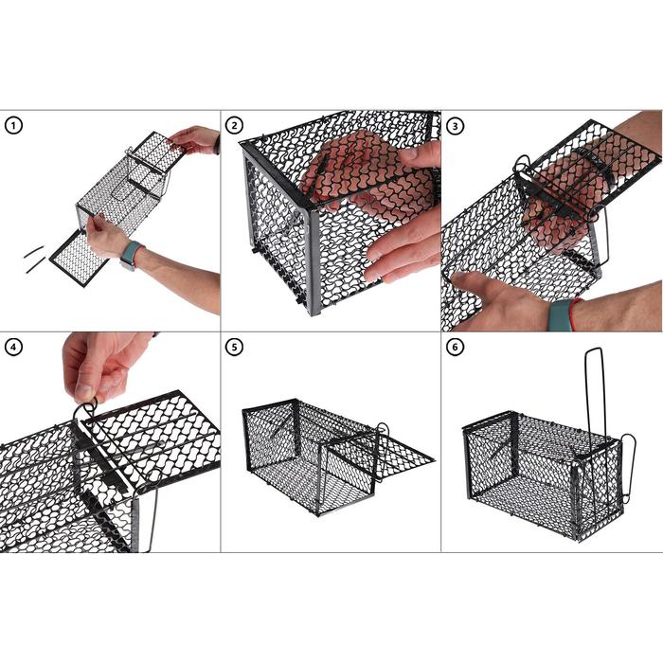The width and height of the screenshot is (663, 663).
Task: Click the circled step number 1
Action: tap(12, 125)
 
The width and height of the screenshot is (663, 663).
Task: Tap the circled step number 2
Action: tap(234, 125)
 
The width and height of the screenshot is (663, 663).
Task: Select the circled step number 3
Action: tap(455, 125)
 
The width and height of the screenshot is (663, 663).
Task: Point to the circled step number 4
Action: tap(12, 347)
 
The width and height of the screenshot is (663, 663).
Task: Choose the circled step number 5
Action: tap(234, 347)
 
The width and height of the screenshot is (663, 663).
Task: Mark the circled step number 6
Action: tap(455, 347)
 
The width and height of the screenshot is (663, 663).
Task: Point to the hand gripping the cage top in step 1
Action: tap(196, 139)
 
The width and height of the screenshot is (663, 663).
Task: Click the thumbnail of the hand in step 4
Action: tap(83, 390)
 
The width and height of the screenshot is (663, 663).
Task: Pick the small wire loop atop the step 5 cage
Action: tap(382, 431)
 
